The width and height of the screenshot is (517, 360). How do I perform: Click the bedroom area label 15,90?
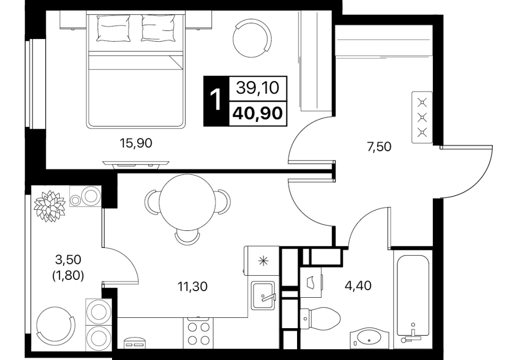click(136, 143)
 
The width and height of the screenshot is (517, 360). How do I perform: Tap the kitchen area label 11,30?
click(193, 286)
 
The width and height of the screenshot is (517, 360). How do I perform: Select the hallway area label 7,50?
click(379, 146)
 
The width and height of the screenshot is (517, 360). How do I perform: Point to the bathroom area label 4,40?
click(358, 285)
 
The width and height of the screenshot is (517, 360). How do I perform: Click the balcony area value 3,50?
click(68, 260)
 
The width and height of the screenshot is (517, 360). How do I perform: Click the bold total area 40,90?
click(257, 113)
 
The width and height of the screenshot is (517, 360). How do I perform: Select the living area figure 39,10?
click(258, 88)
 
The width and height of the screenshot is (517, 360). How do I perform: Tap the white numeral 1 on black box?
click(216, 101)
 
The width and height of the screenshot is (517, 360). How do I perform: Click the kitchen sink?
click(263, 295)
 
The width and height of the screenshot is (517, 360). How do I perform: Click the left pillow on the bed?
click(113, 28)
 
